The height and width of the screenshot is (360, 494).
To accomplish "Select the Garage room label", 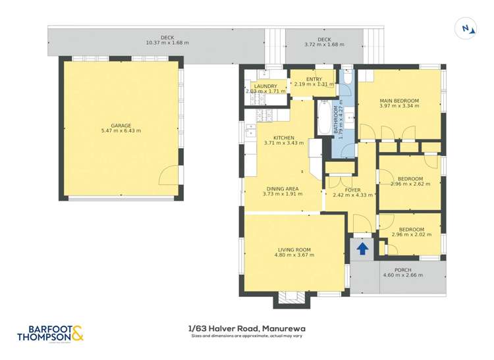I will point(121,125).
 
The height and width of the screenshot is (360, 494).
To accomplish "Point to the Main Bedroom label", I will point(399,101).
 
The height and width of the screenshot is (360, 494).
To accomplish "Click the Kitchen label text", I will point(284,138).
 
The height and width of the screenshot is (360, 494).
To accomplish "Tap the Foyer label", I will point(352,190).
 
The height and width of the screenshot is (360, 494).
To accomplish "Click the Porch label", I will point(402,270).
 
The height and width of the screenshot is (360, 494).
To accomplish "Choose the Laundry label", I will point(265,86).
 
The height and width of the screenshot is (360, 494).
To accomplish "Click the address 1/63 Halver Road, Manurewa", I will point(246,328).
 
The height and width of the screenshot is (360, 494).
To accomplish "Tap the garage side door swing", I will point(169,174).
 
